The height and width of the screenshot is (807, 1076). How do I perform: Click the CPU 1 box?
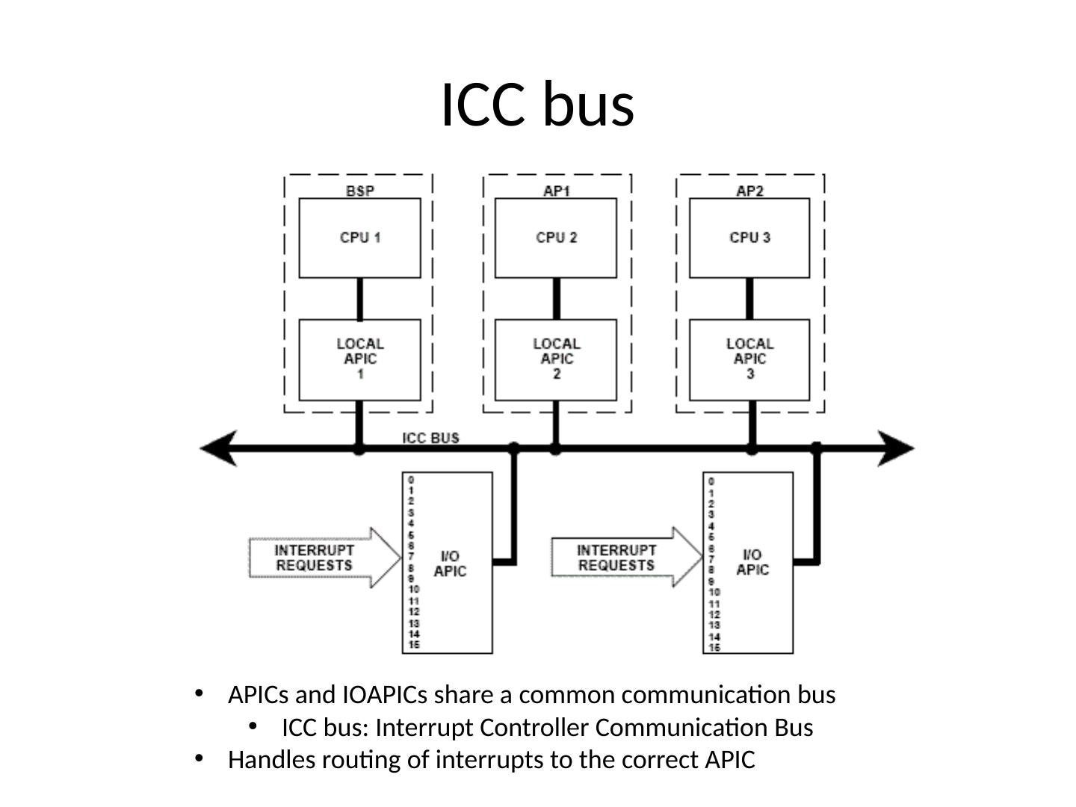(x=359, y=238)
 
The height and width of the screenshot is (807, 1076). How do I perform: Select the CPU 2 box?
(x=555, y=238)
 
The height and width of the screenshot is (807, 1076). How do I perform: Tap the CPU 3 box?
(x=749, y=238)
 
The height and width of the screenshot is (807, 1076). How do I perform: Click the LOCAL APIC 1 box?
(x=359, y=359)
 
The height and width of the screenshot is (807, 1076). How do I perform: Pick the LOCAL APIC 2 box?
(x=555, y=359)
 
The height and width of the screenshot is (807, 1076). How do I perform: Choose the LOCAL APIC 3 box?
(x=749, y=359)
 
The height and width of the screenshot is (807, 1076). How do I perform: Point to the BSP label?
(x=360, y=191)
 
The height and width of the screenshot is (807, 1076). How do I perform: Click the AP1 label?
(x=557, y=191)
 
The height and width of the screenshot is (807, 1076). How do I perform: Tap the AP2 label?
(x=749, y=191)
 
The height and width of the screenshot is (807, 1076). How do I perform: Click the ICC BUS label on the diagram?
(x=430, y=438)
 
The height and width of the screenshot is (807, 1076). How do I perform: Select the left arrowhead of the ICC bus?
(x=219, y=448)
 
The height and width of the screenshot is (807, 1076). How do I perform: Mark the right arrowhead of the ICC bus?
(x=895, y=448)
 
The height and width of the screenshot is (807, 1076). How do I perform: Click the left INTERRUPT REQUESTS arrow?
(x=324, y=557)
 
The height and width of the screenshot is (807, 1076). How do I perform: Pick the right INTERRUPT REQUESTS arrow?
(x=626, y=557)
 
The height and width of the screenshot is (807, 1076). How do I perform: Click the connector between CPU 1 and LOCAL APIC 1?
(x=359, y=299)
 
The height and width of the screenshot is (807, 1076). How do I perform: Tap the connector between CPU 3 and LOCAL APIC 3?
(x=749, y=299)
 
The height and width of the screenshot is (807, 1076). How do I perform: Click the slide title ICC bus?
(x=537, y=105)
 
